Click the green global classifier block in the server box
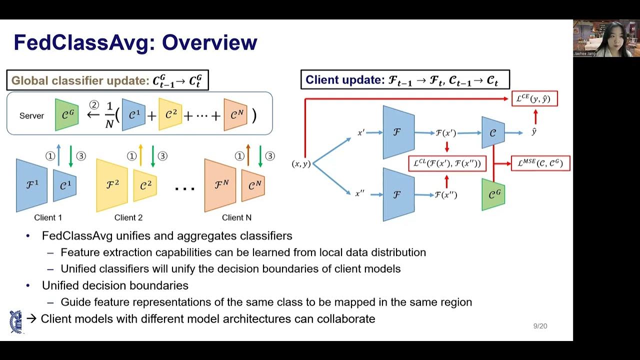coord(66,115)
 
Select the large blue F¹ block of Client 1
coord(31,185)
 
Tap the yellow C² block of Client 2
coord(145,185)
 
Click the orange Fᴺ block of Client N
coord(220,185)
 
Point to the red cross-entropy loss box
coord(534,98)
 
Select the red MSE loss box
coord(540,163)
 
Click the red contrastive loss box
coord(447,163)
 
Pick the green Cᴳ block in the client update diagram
coord(493,194)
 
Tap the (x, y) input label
coord(301,163)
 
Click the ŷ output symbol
coord(534,132)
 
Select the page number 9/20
coord(540,326)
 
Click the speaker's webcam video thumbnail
coord(606,38)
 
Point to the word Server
coord(31,115)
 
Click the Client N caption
coord(236,217)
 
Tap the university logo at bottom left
coord(15,321)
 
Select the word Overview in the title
coord(209,42)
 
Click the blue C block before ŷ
coord(493,132)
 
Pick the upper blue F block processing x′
coord(398,132)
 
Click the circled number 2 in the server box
coord(94,105)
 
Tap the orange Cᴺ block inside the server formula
coord(235,115)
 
